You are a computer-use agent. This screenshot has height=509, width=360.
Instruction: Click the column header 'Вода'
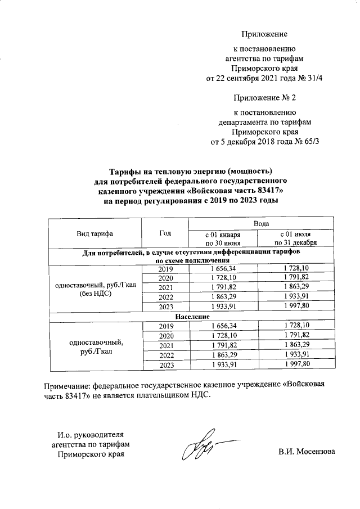click(260, 223)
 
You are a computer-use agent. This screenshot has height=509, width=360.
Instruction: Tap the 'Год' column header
click(165, 233)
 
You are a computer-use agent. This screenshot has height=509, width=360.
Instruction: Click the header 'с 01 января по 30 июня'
click(222, 238)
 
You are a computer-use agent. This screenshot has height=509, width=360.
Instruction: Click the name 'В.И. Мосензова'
click(307, 451)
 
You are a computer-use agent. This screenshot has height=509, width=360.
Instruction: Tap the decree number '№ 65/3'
click(312, 141)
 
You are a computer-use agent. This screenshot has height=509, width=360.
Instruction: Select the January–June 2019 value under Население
click(222, 326)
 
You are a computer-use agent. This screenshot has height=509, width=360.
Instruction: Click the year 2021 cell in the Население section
click(165, 345)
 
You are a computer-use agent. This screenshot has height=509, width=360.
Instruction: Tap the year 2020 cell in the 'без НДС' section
click(165, 278)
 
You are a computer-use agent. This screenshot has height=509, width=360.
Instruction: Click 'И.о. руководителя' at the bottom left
click(91, 435)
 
